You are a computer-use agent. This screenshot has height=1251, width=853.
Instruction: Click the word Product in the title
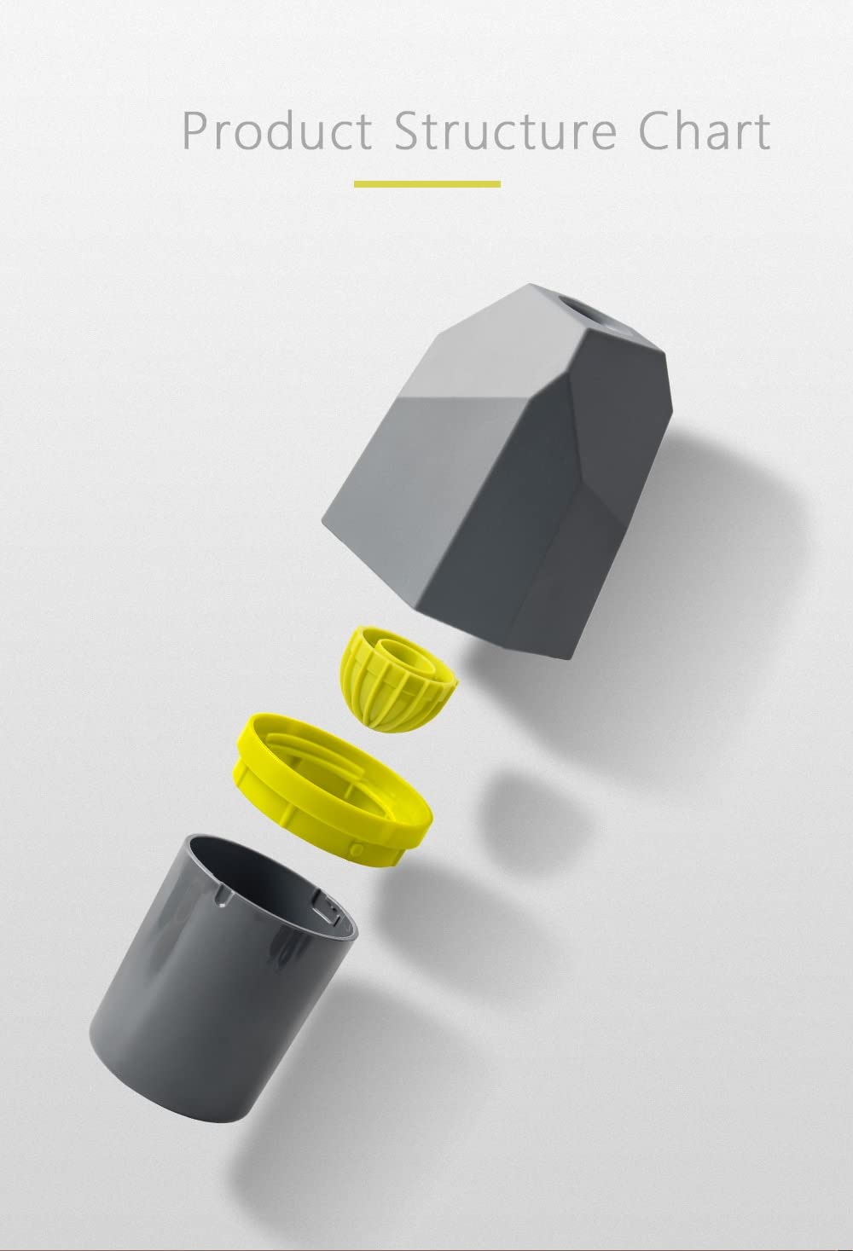coord(277,130)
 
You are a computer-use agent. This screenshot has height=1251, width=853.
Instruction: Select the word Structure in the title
coord(506,130)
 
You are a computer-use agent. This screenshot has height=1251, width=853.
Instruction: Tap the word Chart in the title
coord(705,130)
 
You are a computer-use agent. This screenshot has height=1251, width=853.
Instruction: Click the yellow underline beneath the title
coord(427,183)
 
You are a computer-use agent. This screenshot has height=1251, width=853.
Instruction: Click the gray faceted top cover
coord(497,469)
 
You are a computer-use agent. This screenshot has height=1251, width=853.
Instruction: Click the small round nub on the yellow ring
coord(357,849)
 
